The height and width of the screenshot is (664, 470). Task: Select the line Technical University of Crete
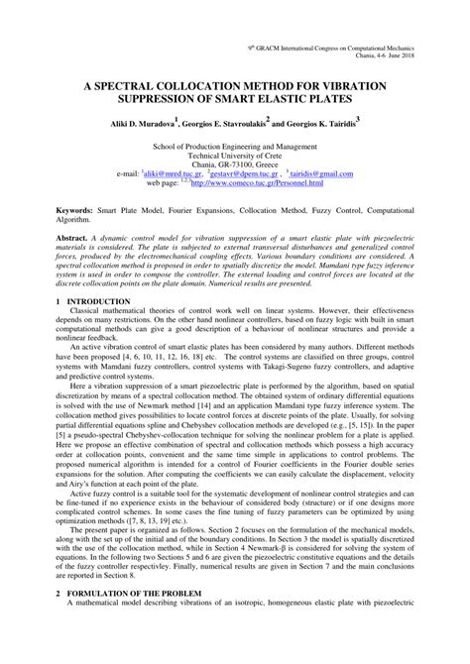tap(235, 154)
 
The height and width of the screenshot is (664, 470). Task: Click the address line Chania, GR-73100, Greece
tap(235, 164)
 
